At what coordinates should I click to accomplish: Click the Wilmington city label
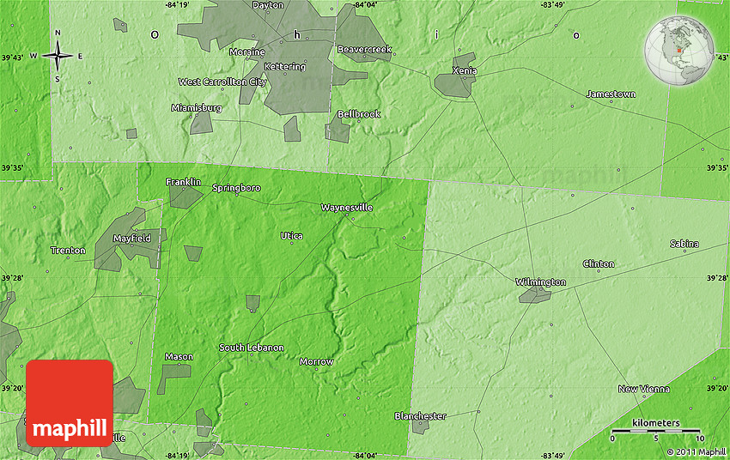(540, 282)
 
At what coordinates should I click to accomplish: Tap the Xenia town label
(465, 70)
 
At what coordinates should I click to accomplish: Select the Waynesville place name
(347, 208)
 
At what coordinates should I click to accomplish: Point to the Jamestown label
(611, 94)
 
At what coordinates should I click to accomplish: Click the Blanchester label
(420, 416)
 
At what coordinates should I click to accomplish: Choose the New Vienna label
(643, 389)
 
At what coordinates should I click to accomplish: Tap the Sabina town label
(684, 244)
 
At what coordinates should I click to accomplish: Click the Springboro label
(236, 187)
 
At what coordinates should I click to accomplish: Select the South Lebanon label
(251, 348)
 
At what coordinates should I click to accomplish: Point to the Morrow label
(316, 361)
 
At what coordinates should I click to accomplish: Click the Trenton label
(68, 251)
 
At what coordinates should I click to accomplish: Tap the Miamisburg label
(197, 108)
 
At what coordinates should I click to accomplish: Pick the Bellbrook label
(358, 114)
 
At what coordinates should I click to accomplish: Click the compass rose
(58, 57)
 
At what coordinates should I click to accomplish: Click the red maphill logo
(70, 402)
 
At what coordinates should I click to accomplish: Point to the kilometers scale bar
(655, 430)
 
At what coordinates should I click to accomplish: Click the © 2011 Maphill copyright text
(697, 451)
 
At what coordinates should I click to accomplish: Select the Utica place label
(291, 235)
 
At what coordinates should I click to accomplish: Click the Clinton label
(599, 263)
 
